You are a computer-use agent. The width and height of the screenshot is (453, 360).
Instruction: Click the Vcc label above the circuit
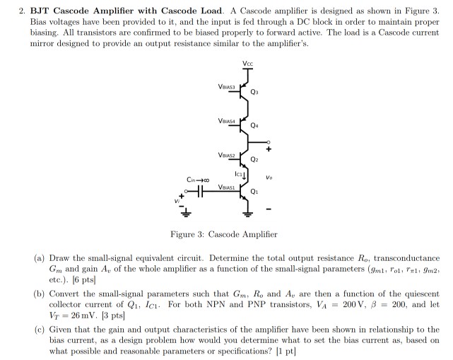coord(247,64)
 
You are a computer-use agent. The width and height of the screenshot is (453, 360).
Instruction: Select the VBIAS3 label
coord(226,86)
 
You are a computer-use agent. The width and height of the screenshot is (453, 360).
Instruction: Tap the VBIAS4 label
coord(226,121)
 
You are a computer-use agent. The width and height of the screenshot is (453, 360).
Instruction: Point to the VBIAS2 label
coord(226,154)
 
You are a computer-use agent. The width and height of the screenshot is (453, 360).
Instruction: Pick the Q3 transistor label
coord(264,92)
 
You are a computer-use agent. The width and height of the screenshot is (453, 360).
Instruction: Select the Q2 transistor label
coord(264,161)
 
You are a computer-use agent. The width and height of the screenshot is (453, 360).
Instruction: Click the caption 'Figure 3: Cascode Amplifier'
coord(224,234)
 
